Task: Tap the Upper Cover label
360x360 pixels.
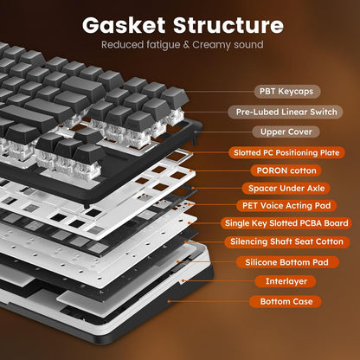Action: tap(286, 132)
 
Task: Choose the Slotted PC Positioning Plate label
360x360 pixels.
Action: tap(286, 151)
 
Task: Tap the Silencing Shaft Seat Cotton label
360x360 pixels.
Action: tap(286, 242)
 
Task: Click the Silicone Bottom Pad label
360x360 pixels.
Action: tap(286, 261)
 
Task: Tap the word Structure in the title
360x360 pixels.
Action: tap(228, 23)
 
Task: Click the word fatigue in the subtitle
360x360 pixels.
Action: tap(157, 44)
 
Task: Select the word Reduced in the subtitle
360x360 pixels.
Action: tap(119, 44)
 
